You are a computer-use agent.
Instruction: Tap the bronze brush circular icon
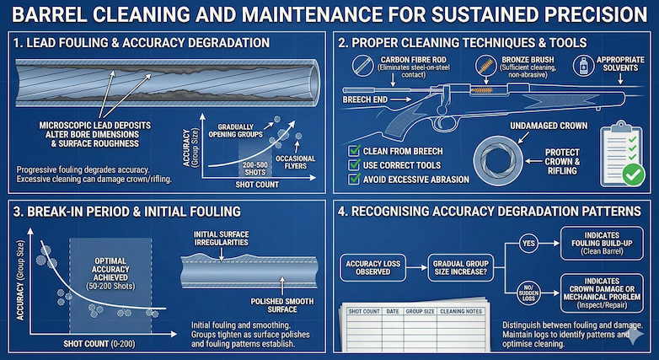(x=486, y=65)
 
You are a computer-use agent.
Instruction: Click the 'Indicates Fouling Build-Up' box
(x=598, y=242)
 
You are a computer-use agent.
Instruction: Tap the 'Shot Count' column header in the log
(x=366, y=311)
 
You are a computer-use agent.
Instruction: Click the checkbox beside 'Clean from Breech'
(x=354, y=151)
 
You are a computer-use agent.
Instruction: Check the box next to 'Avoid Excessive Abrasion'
(x=354, y=179)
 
